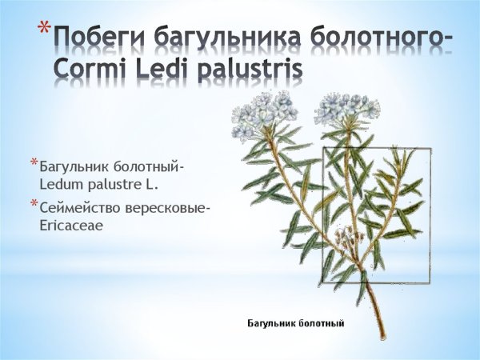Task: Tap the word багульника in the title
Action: (x=225, y=37)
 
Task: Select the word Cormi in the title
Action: (x=90, y=70)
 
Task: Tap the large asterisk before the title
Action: (x=44, y=32)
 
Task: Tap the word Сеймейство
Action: (x=78, y=209)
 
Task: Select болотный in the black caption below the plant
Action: (x=319, y=324)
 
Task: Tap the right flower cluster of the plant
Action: (x=346, y=109)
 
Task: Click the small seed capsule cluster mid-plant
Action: (x=346, y=237)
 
